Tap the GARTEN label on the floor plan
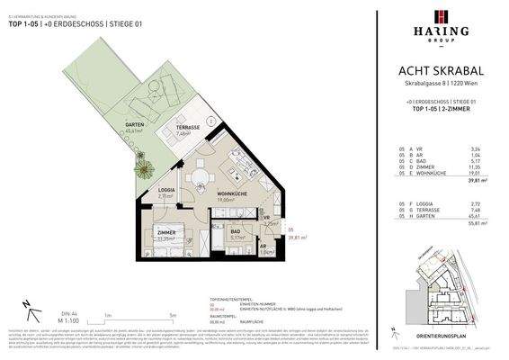point(135,125)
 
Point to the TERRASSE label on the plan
point(186,128)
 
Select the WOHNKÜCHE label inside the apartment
point(232,193)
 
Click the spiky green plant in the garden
point(143,166)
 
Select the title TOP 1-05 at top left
point(25,24)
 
